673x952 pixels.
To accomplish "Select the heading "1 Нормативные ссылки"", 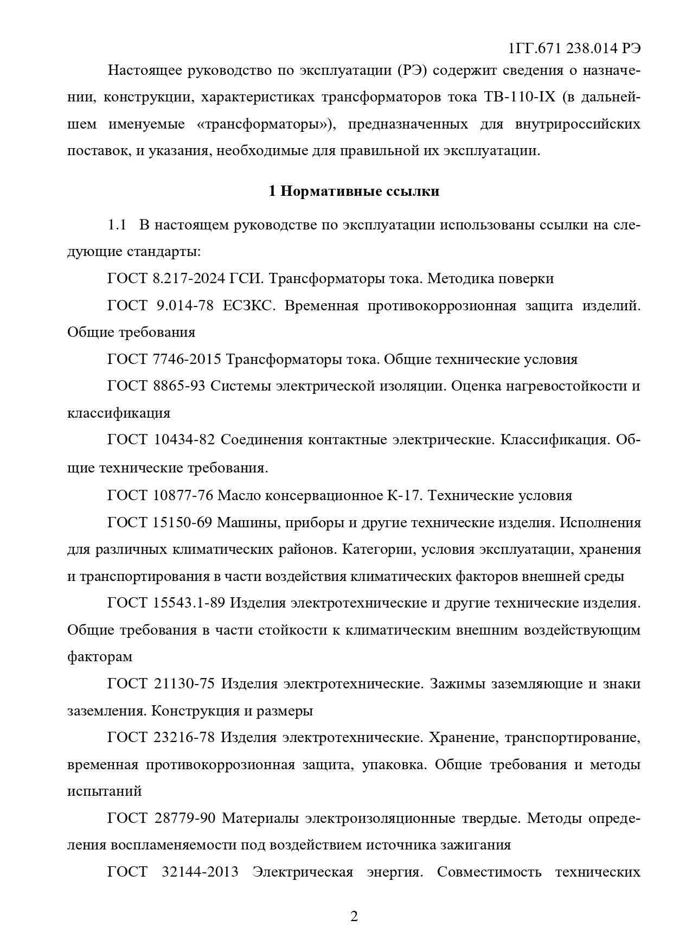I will (x=354, y=191).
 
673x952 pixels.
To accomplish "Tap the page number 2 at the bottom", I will (x=354, y=917).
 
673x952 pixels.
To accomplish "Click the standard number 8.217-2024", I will (x=189, y=279).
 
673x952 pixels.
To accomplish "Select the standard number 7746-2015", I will (x=185, y=359).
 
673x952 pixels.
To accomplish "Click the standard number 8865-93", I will (x=180, y=386).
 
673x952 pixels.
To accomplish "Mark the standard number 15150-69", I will (x=183, y=523).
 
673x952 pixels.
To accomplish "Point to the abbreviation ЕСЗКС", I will (x=250, y=305).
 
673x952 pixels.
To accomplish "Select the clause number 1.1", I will (x=117, y=225).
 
